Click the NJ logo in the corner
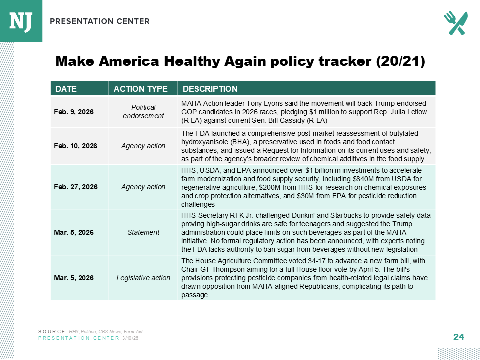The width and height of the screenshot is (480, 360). point(20,20)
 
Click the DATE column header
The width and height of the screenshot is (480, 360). point(66,89)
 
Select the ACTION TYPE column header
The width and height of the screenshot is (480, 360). point(141,89)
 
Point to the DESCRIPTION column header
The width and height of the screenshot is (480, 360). point(210,89)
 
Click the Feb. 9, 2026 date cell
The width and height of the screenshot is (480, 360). point(74,111)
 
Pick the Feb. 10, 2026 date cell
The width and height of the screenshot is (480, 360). point(75,146)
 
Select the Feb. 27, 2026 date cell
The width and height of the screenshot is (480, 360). point(75,187)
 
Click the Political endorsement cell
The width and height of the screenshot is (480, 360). point(143,111)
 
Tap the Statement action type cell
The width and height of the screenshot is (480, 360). point(143,232)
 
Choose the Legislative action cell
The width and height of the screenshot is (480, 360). point(143,278)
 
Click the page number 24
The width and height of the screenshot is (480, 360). point(458,337)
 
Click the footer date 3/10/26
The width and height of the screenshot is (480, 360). point(130,338)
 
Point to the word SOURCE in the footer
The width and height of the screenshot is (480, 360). point(52,331)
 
